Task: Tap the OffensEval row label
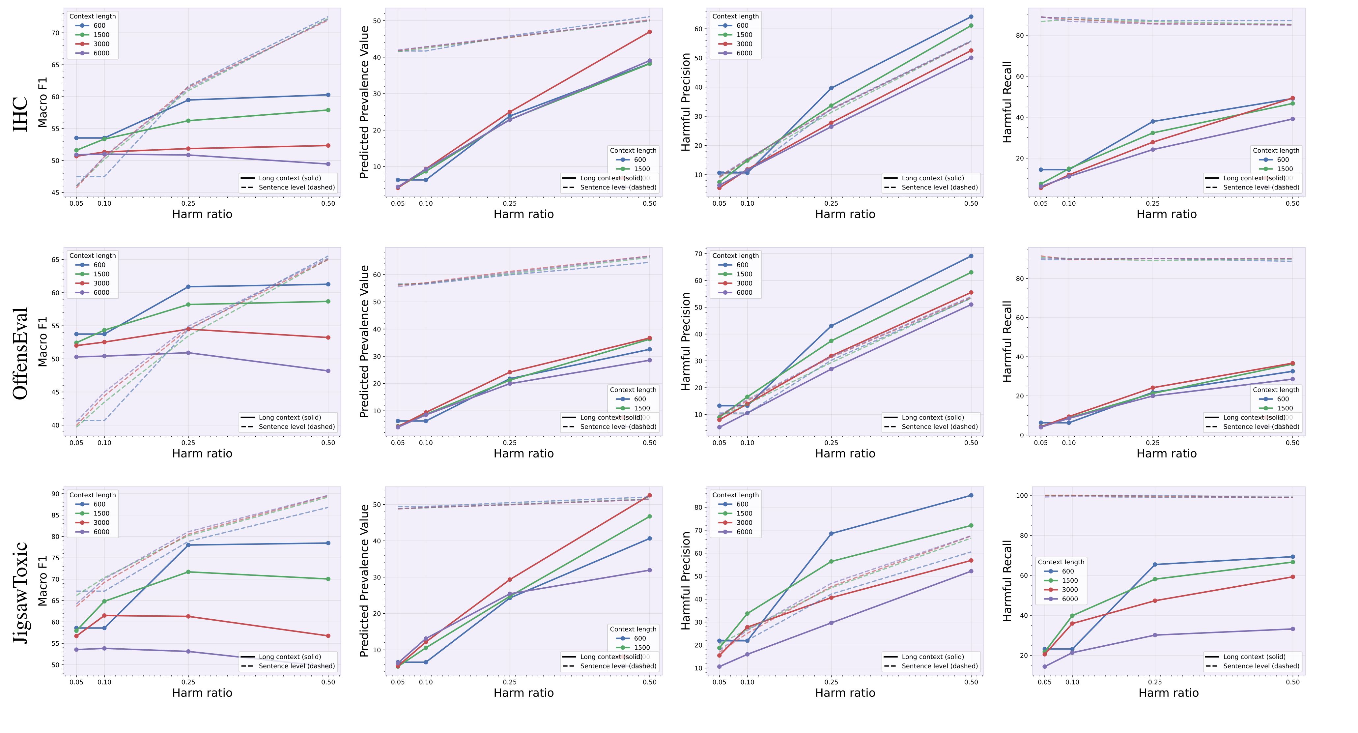tap(20, 353)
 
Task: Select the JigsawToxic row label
tap(20, 592)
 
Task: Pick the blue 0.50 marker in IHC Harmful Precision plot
tap(971, 17)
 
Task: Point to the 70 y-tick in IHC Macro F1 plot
tap(55, 33)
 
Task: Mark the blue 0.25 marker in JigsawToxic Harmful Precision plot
tap(831, 534)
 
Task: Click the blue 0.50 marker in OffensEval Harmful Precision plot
tap(971, 256)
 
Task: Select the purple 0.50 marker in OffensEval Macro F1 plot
tap(328, 371)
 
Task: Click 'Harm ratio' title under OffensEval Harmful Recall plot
tap(1167, 454)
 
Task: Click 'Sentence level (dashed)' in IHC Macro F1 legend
tap(296, 187)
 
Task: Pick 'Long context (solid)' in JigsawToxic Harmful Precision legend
tap(933, 657)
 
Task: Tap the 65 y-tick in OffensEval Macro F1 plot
tap(55, 259)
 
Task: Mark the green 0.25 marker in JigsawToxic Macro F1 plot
tap(188, 572)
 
